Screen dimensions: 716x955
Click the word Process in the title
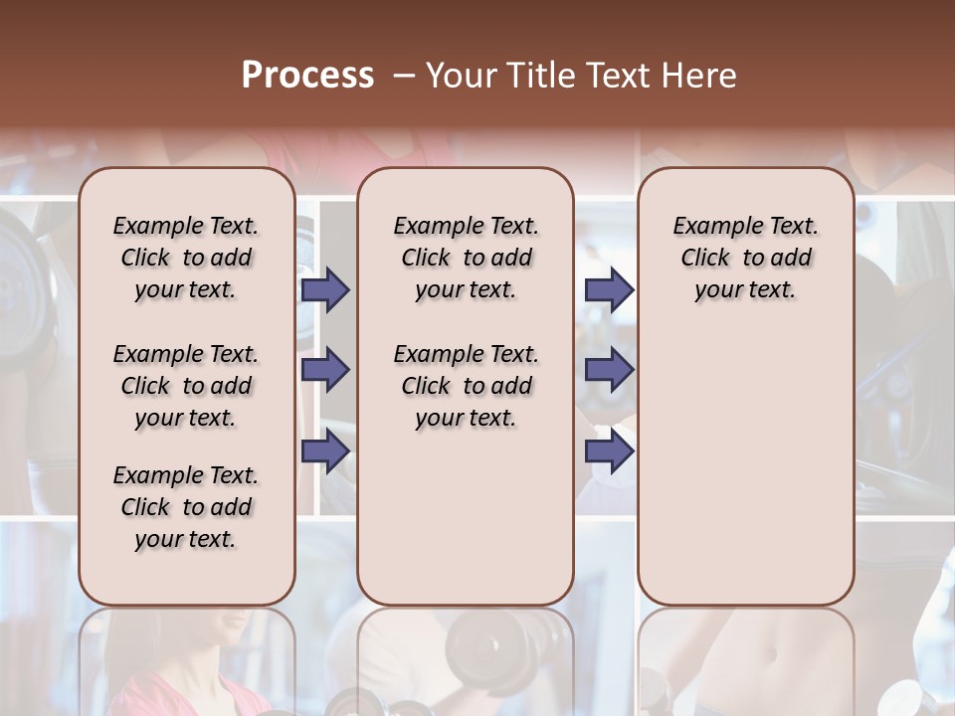(x=307, y=76)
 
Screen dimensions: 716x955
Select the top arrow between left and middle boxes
(x=325, y=289)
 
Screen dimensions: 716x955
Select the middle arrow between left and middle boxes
(x=325, y=370)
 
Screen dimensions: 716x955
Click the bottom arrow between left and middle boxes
(x=325, y=450)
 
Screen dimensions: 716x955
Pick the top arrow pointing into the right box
(x=609, y=289)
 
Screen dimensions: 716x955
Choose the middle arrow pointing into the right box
(x=609, y=370)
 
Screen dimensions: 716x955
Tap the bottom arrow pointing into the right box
(x=609, y=450)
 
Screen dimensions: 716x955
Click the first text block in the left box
(x=186, y=258)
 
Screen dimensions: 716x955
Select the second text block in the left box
(x=186, y=386)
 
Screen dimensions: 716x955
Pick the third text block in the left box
(x=186, y=507)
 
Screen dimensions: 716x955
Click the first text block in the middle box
(x=467, y=258)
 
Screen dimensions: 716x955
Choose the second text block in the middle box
(x=467, y=386)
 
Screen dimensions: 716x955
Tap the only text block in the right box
(x=746, y=258)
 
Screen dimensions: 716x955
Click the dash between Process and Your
(x=404, y=76)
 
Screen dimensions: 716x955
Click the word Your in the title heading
(x=462, y=76)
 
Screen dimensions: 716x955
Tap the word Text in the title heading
(x=620, y=76)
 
